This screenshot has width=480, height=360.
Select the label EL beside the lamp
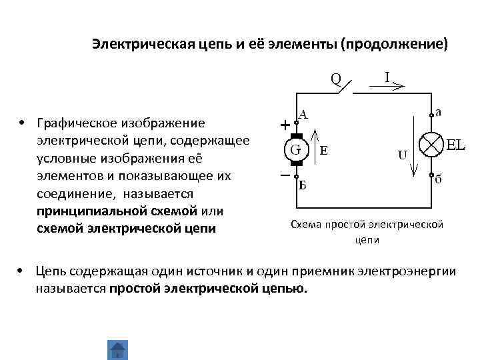455,145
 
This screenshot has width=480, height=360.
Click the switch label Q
336,79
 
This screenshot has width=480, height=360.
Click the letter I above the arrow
387,75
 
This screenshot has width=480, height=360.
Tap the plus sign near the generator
285,125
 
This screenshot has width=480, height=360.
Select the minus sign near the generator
285,176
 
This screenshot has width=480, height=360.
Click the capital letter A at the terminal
303,114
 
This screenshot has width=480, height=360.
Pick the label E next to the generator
323,151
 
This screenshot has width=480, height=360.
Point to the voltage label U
403,155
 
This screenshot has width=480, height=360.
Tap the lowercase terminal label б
438,180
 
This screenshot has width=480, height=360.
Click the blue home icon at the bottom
117,350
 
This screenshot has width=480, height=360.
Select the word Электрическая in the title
139,45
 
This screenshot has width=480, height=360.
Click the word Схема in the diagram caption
306,225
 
